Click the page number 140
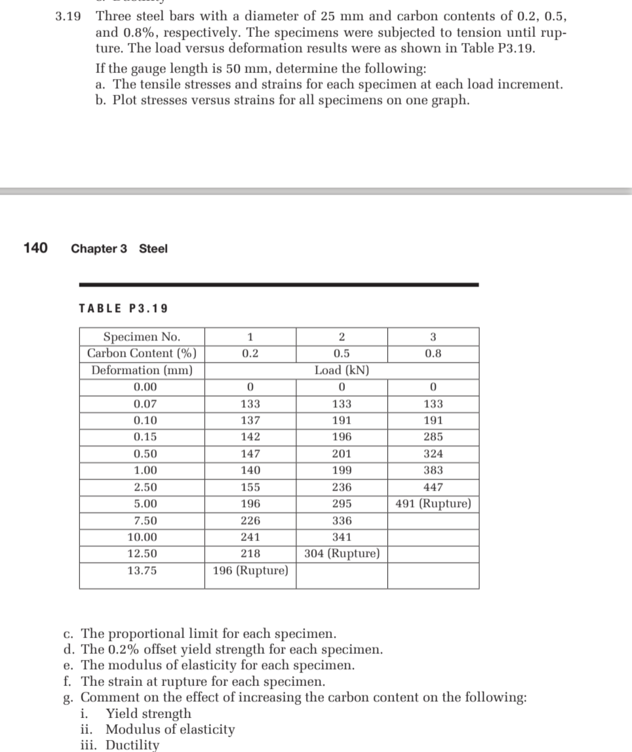point(35,248)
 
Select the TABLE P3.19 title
point(123,308)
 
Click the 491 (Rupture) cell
point(433,504)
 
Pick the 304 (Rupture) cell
point(342,553)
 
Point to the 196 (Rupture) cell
point(250,570)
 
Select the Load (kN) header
point(342,370)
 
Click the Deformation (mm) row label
point(142,370)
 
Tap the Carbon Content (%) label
point(142,353)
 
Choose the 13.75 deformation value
point(142,570)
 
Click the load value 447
point(433,487)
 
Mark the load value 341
point(342,537)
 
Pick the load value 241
point(250,537)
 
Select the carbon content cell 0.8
point(433,353)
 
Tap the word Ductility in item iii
point(132,745)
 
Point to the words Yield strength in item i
point(149,713)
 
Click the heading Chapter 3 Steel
point(119,248)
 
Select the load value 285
point(433,437)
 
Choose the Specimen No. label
point(142,337)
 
